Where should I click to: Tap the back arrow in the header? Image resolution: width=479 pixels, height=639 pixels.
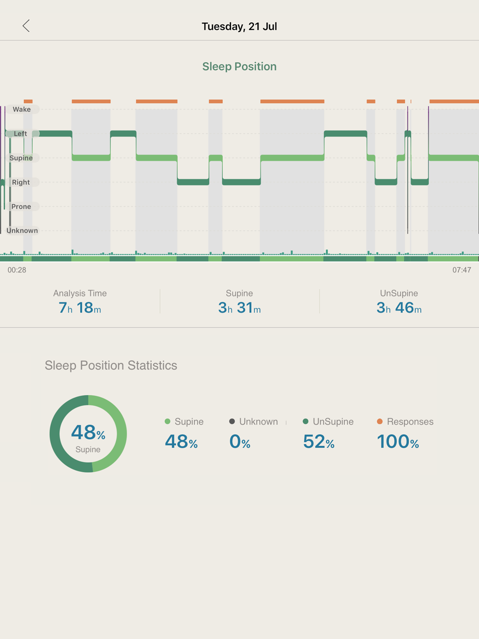coord(26,26)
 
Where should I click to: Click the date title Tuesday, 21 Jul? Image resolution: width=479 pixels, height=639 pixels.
coord(239,26)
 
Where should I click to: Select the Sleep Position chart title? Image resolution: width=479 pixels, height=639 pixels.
coord(239,67)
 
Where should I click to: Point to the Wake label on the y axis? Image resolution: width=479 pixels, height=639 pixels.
coord(22,109)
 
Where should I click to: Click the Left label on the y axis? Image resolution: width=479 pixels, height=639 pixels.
coord(21,134)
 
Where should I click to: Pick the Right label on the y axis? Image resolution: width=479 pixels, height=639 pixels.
coord(21,182)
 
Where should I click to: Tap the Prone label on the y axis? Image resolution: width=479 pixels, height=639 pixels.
coord(21,206)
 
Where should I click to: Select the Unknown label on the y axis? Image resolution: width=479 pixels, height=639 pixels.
coord(22,230)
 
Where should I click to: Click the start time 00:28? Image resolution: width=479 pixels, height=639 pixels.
coord(17,270)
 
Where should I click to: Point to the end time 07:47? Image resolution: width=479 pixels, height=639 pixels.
coord(461,270)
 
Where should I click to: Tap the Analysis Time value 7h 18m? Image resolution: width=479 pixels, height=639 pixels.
coord(80,308)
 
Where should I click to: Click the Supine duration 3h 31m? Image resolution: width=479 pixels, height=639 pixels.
coord(239,308)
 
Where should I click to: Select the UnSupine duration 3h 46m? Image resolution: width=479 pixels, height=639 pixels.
coord(399,308)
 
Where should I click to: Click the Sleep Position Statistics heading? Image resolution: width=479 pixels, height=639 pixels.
coord(111,365)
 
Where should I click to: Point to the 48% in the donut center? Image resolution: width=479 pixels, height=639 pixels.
coord(88,433)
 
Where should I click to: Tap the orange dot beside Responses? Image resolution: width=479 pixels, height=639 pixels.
coord(380,422)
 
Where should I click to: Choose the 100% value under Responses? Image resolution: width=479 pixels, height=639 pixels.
coord(398,442)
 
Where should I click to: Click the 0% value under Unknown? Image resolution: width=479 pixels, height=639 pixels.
coord(239,442)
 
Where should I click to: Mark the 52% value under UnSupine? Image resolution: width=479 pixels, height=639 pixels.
coord(319,442)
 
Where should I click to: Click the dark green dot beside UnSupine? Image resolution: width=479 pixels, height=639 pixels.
coord(306,422)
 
